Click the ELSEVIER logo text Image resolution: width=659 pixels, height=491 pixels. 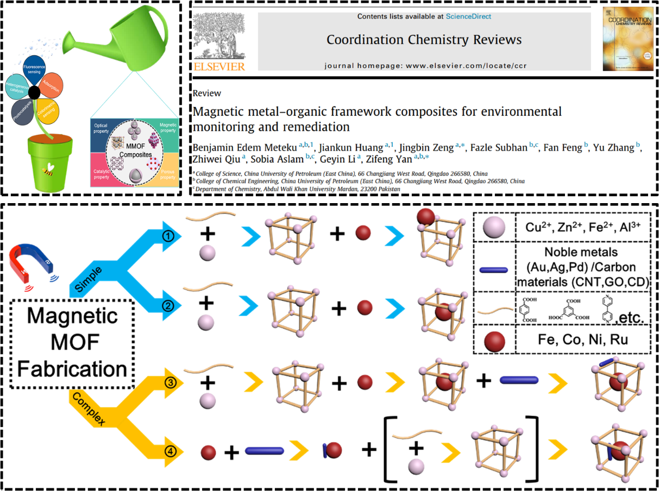pyautogui.click(x=219, y=67)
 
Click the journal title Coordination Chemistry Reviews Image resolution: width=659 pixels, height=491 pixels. pyautogui.click(x=424, y=40)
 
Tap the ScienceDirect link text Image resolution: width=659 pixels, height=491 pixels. pyautogui.click(x=468, y=17)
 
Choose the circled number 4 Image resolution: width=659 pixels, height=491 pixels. pyautogui.click(x=170, y=450)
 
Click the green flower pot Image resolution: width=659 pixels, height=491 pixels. pyautogui.click(x=50, y=163)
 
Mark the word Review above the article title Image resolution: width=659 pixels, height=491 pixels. pyautogui.click(x=206, y=93)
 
